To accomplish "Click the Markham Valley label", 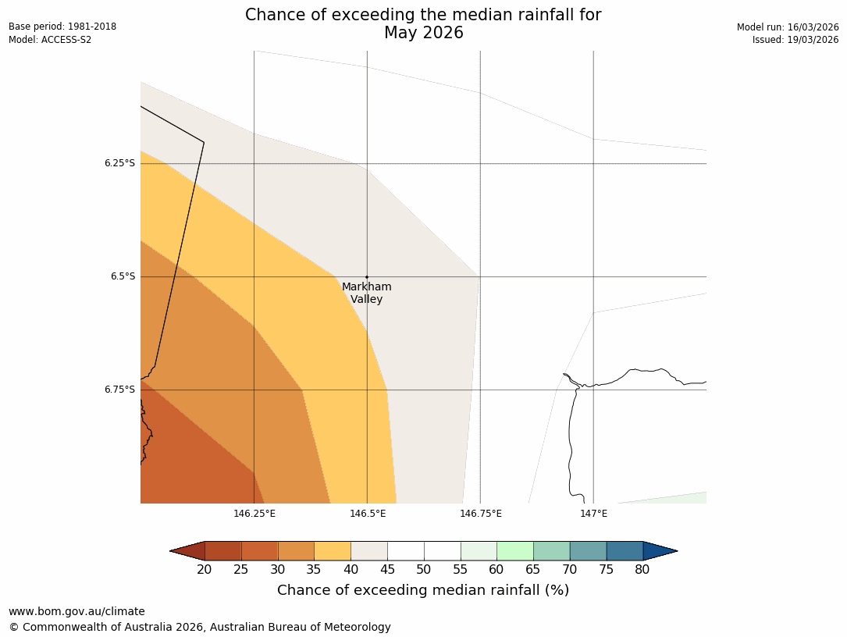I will coord(366,293).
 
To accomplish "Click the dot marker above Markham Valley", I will coord(367,277).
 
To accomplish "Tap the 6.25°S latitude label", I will coord(119,163).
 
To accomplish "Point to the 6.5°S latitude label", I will coord(122,276).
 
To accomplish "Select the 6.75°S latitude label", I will coord(119,390).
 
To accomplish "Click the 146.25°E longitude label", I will coord(254,513).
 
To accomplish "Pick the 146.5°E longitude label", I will coord(368,513).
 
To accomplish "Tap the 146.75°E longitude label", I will coord(481,513).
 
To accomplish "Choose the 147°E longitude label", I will coord(594,513).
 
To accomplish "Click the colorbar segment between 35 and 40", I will coord(333,550).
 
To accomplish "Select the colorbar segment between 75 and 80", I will coord(625,550).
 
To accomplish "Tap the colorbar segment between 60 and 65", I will coord(515,550).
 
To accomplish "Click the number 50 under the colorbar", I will coord(423,570).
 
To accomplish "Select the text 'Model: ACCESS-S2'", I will coord(50,40).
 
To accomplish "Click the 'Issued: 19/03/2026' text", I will coord(795,40).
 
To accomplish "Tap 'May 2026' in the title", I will coord(423,33).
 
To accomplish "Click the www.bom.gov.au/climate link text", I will coord(77,611).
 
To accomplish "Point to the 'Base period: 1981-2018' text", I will coord(62,27).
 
